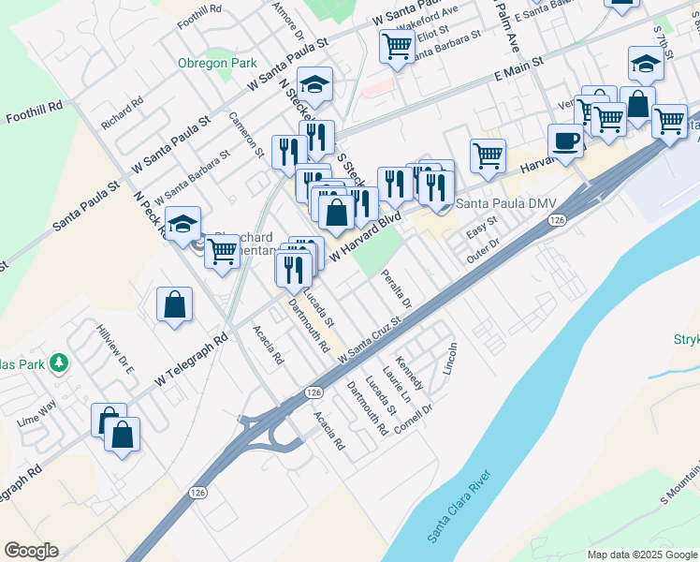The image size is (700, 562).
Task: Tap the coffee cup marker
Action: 565,141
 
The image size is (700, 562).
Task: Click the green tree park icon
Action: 59,362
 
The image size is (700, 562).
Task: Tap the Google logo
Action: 31,551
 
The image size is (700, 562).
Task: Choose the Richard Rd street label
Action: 123,113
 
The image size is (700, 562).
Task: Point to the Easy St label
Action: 481,228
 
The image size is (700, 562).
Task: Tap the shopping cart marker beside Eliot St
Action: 398,46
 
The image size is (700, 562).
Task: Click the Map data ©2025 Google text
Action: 643,555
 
